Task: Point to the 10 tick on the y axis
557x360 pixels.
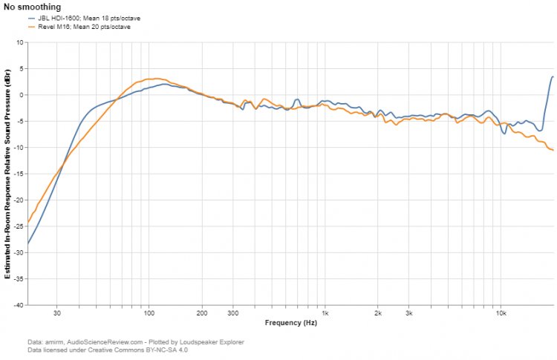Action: (x=19, y=42)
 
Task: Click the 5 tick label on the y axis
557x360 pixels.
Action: (x=21, y=68)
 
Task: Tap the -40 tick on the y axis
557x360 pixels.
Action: (x=18, y=305)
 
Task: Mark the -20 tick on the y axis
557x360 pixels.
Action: (x=18, y=200)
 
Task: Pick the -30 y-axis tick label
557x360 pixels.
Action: (x=18, y=252)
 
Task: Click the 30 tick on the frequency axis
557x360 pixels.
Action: (x=56, y=313)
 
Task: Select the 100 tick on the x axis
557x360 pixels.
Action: (x=149, y=313)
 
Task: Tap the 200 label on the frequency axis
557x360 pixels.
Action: (x=201, y=313)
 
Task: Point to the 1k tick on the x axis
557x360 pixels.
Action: (x=325, y=313)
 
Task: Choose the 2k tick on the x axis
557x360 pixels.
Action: (x=377, y=313)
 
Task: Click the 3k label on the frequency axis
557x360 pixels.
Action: (x=408, y=313)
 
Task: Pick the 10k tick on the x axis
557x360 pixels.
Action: (x=501, y=313)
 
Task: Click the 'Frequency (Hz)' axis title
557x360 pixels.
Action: (x=290, y=323)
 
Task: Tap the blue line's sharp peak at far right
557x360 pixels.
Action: (x=553, y=76)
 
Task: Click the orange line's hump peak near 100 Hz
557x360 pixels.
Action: (x=152, y=79)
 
